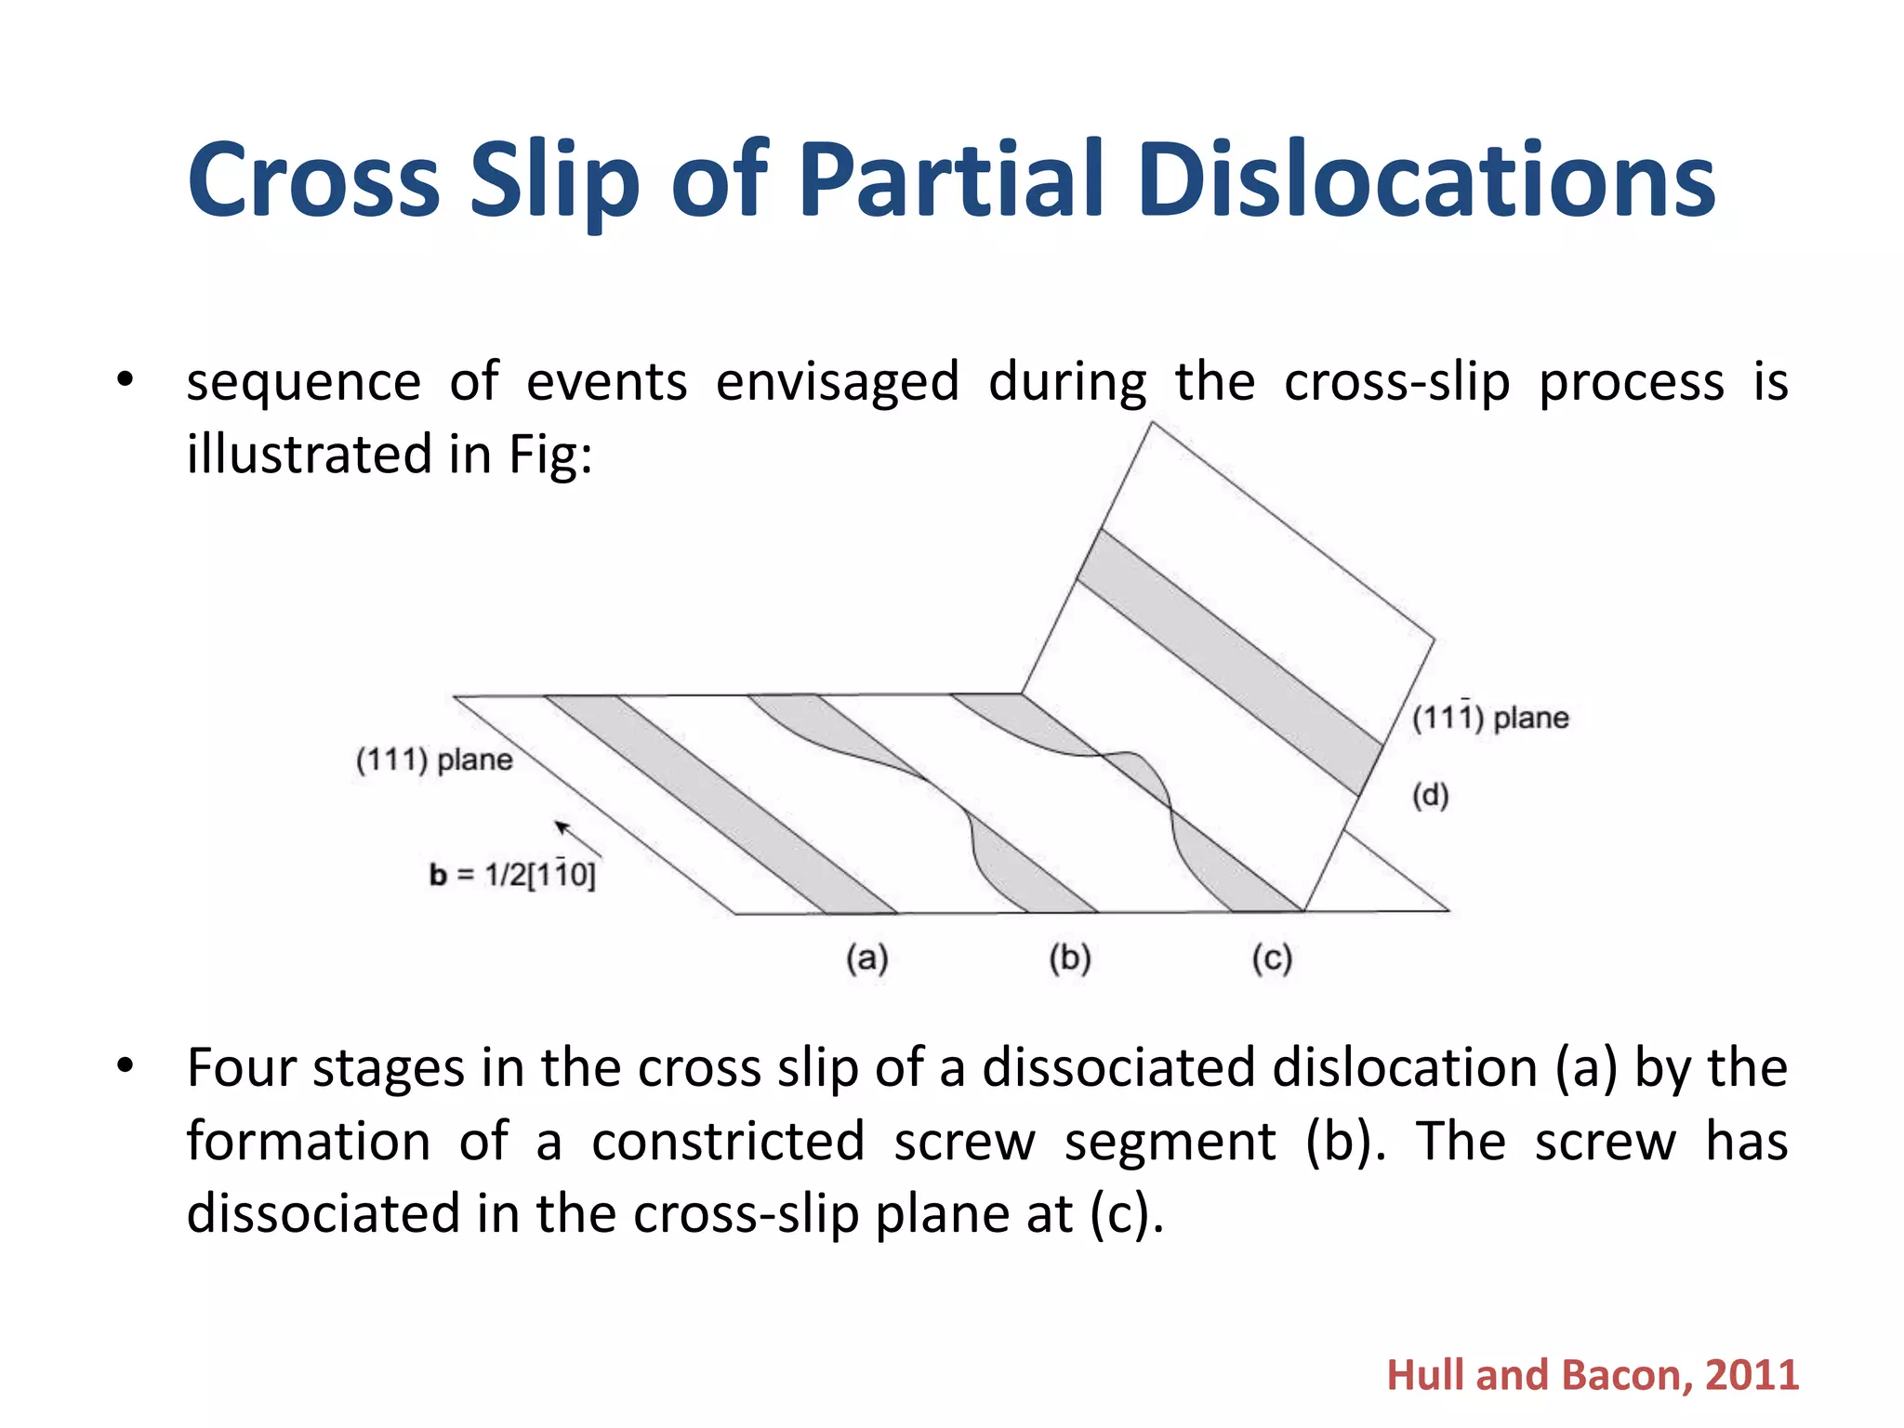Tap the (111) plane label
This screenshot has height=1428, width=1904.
[x=433, y=760]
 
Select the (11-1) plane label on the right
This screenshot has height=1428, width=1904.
[x=1489, y=717]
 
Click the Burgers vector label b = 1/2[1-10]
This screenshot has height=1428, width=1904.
[x=512, y=875]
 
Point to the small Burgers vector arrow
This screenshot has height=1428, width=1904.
[x=577, y=839]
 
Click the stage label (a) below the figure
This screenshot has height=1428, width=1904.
[x=866, y=958]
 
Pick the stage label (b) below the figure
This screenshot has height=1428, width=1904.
[x=1069, y=958]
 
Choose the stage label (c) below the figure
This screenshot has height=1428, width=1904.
[x=1271, y=959]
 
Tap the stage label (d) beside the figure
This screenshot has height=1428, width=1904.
[x=1430, y=796]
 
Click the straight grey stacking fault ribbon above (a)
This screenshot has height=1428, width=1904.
[x=721, y=804]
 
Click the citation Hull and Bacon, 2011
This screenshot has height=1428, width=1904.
[x=1592, y=1375]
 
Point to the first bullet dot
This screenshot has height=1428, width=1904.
[x=126, y=380]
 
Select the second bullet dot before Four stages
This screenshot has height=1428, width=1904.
[x=126, y=1065]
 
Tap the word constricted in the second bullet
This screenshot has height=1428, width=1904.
[x=728, y=1142]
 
